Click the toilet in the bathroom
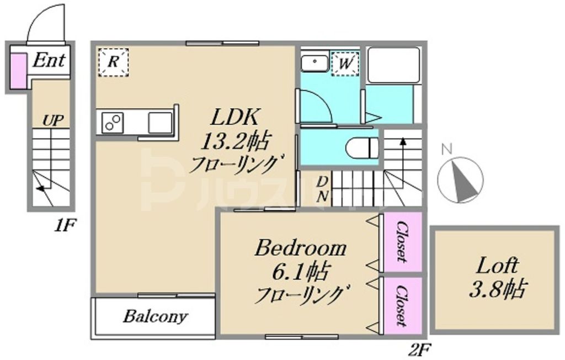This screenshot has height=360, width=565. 362,148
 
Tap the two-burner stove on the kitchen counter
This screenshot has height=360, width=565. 113,121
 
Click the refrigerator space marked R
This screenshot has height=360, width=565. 113,61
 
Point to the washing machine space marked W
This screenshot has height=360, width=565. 345,63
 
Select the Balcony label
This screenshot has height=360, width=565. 155,317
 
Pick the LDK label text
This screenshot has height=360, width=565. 233,118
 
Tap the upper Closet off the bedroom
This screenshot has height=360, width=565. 403,241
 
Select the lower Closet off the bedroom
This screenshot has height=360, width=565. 403,305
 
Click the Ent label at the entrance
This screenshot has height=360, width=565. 49,60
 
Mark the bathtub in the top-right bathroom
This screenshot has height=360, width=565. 393,65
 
